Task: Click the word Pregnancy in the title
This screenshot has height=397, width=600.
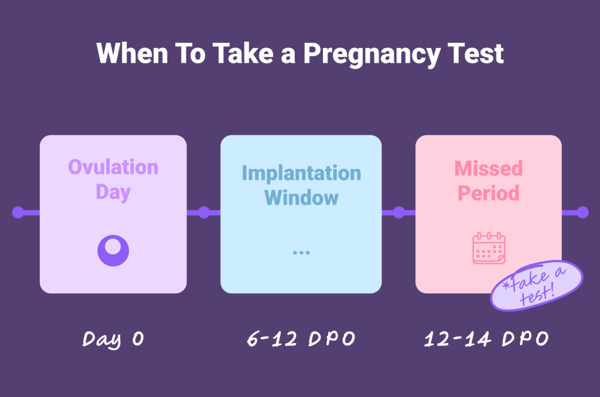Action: click(x=372, y=55)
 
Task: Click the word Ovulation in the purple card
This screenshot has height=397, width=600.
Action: click(x=113, y=167)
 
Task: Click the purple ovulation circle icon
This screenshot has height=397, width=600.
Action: click(x=113, y=250)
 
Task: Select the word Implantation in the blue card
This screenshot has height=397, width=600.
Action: click(x=301, y=173)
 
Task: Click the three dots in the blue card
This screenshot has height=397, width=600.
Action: click(x=301, y=252)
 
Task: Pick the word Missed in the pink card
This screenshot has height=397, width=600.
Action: click(x=489, y=168)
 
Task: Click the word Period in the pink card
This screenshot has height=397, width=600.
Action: click(x=489, y=193)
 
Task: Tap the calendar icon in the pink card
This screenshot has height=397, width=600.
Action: click(x=489, y=248)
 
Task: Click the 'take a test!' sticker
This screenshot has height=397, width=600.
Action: click(x=537, y=286)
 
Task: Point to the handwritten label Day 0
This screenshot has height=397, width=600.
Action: click(x=112, y=339)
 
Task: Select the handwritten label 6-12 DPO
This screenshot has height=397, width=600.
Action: click(x=301, y=340)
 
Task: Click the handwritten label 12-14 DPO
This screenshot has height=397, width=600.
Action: click(x=486, y=340)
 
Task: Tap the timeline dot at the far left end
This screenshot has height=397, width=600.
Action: click(x=18, y=212)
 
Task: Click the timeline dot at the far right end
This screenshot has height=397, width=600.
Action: click(x=582, y=212)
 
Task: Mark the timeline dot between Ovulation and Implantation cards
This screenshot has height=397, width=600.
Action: click(x=204, y=212)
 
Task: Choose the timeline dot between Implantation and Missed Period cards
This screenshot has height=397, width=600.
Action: click(x=399, y=212)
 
